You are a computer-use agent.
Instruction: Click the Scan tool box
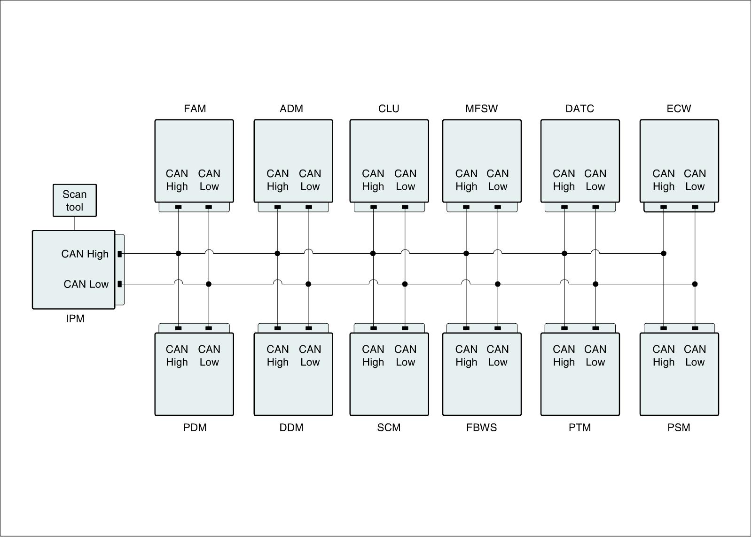74,201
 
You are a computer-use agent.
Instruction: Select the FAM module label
195,109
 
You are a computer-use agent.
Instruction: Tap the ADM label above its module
291,109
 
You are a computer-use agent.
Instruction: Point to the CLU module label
389,109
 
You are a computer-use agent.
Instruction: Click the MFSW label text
481,109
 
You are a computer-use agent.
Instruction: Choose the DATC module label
580,109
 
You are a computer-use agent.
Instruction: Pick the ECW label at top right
679,109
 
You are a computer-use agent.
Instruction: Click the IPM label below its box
75,319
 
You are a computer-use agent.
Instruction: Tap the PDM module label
195,428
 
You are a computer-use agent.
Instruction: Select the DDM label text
291,428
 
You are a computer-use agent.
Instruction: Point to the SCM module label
389,428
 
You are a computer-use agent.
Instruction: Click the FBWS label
481,428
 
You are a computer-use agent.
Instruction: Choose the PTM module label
580,428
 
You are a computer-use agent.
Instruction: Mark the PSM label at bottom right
679,428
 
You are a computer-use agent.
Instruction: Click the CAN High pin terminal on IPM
120,254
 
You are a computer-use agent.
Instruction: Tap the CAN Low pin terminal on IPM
120,284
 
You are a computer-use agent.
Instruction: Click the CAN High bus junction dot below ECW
664,254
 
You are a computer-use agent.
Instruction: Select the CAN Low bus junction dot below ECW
695,284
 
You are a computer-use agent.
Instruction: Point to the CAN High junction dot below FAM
178,254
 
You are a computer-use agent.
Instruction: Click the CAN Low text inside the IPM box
86,284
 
